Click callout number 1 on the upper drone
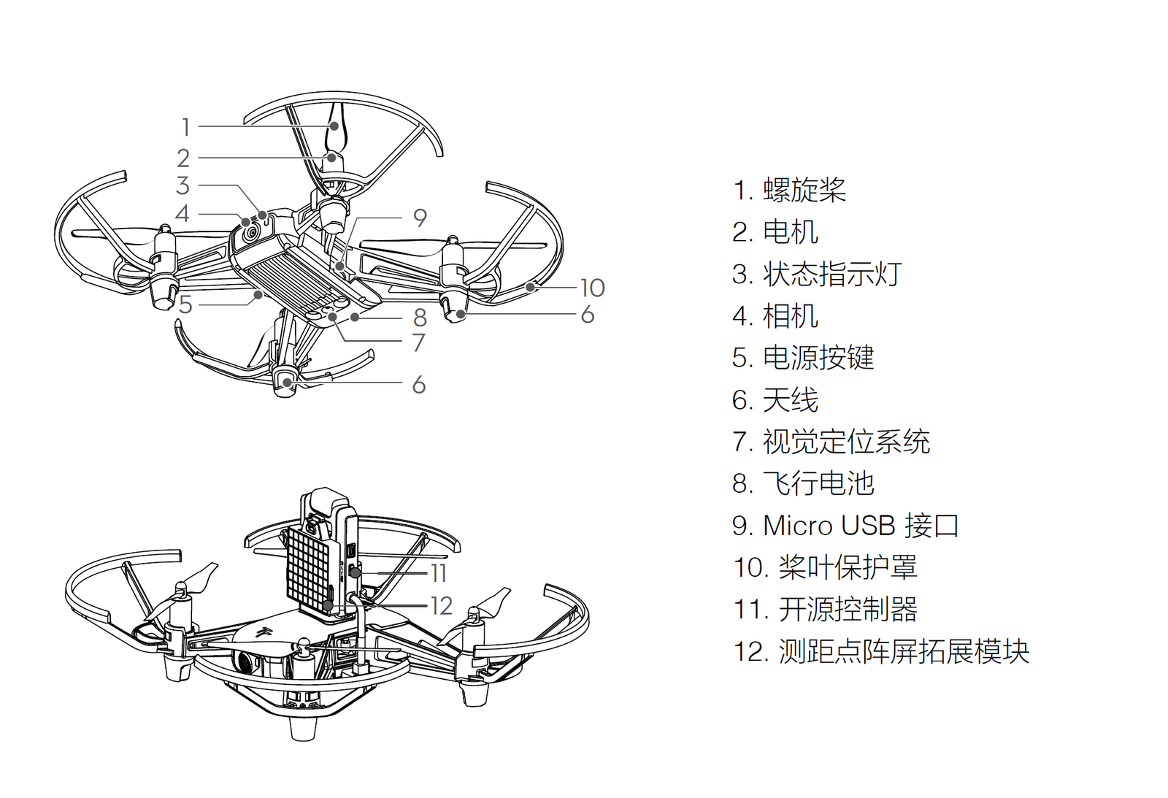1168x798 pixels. point(185,127)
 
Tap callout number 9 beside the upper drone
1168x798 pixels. point(420,218)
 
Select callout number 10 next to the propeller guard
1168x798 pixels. point(592,288)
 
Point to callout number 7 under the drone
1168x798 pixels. point(418,342)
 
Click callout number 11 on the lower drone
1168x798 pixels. point(438,573)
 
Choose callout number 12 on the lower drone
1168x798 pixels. point(441,605)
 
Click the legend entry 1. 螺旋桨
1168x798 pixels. point(789,190)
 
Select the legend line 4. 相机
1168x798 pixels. point(775,316)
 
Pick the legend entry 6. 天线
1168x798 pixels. point(775,400)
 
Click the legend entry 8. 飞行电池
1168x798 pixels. point(803,483)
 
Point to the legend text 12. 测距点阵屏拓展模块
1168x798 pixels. point(881,651)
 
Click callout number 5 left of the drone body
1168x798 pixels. point(185,304)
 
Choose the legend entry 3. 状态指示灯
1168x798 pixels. point(817,274)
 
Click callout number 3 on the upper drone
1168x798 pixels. point(183,185)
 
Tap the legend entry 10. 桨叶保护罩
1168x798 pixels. point(825,567)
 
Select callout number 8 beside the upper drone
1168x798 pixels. point(420,318)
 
